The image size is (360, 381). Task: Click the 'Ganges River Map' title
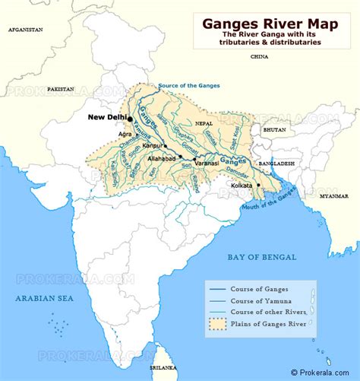(x=270, y=23)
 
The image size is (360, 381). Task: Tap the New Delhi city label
(x=106, y=117)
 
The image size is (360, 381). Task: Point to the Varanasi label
(x=206, y=164)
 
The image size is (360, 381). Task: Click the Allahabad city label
(x=160, y=158)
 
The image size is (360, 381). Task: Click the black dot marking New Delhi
(x=130, y=119)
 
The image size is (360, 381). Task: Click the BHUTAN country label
(x=274, y=130)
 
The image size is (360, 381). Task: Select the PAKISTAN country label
(x=60, y=89)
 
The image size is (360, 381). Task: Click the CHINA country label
(x=259, y=56)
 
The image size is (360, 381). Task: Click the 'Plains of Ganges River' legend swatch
(x=217, y=331)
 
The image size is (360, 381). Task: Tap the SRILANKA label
(x=162, y=367)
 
